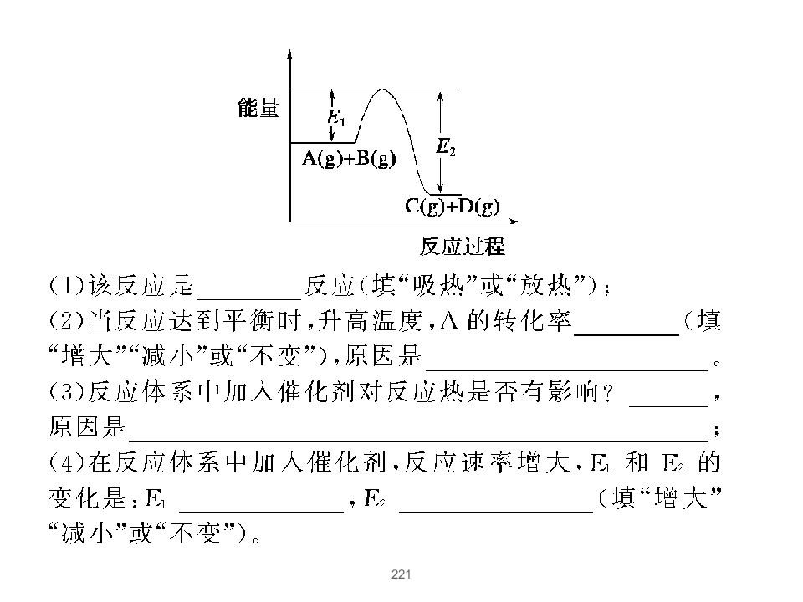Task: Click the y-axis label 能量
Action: coord(258,109)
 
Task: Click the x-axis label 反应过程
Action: coord(463,246)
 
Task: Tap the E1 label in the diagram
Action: coord(336,117)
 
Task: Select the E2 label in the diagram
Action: coord(446,147)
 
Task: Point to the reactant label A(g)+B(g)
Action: coord(350,159)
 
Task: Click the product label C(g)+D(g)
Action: coord(453,207)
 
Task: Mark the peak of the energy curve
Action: coord(383,89)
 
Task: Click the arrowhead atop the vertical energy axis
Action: coord(290,54)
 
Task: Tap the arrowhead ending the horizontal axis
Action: coord(513,222)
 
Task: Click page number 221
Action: coord(401,574)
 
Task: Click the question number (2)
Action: coord(67,321)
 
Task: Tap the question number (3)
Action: coord(67,391)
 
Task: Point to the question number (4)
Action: coord(67,462)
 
